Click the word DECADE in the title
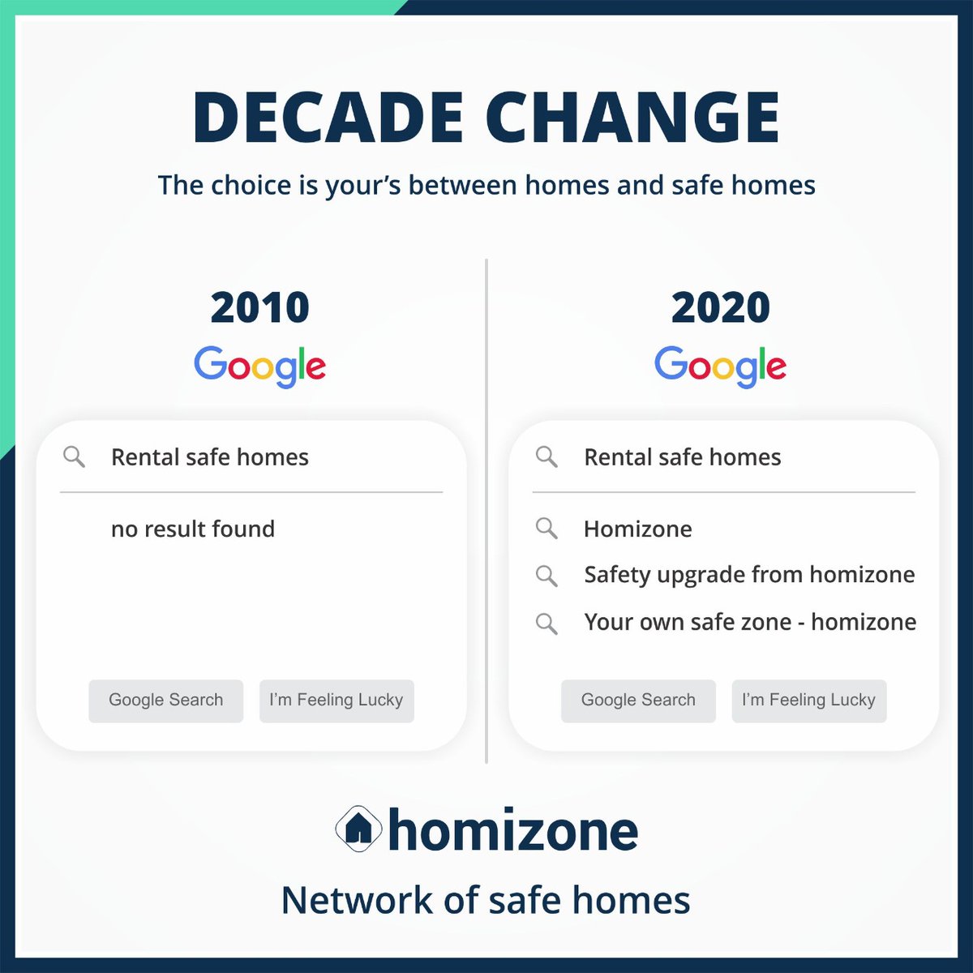[x=327, y=118]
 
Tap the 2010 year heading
[x=259, y=307]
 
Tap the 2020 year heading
[x=720, y=307]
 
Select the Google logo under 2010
[x=259, y=366]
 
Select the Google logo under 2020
[x=720, y=366]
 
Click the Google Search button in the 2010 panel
[x=165, y=701]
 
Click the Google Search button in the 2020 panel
[x=638, y=701]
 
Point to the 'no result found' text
[x=193, y=529]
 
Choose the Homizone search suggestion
[x=637, y=529]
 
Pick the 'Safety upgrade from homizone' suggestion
[x=748, y=575]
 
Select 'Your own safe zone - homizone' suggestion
[x=750, y=622]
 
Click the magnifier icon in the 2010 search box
[x=74, y=457]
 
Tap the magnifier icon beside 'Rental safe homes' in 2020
[x=547, y=457]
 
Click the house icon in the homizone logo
[x=358, y=829]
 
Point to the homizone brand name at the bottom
[x=512, y=831]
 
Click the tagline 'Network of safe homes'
[x=486, y=900]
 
